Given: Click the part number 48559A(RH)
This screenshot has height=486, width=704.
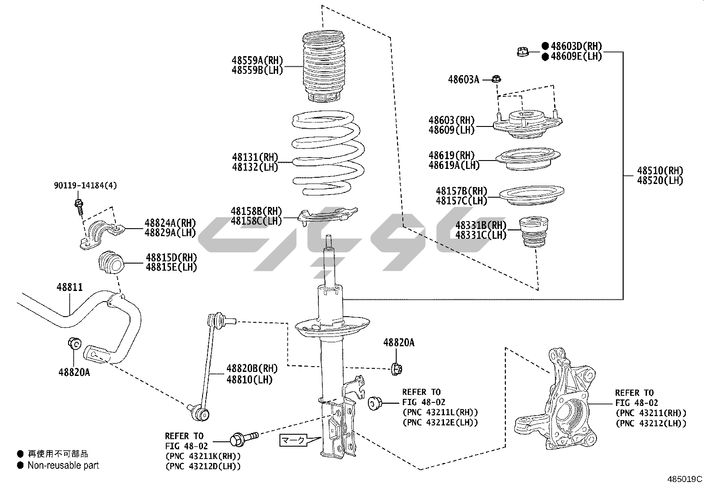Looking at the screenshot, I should coord(257,61).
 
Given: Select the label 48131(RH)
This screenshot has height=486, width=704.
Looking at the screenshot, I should coord(255,157).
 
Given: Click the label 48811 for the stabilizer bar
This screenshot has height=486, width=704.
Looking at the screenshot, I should coord(69,287).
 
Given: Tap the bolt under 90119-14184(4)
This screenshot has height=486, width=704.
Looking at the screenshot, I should coord(79,207).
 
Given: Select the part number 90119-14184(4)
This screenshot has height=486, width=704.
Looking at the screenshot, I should coord(85,186).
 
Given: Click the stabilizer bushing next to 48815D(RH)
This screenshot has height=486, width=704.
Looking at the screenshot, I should coord(110,263).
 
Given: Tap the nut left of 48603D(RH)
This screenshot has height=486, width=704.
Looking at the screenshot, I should coord(523,52).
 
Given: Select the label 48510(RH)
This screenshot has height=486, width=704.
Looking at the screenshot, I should coord(660,171).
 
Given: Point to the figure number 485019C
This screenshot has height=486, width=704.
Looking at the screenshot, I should coord(685,479).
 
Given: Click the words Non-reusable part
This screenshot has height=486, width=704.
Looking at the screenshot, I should coord(63,465).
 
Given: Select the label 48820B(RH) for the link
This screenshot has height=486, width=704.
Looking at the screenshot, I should coord(252,368).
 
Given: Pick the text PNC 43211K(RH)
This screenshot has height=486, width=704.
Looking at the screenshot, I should coord(203,456).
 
